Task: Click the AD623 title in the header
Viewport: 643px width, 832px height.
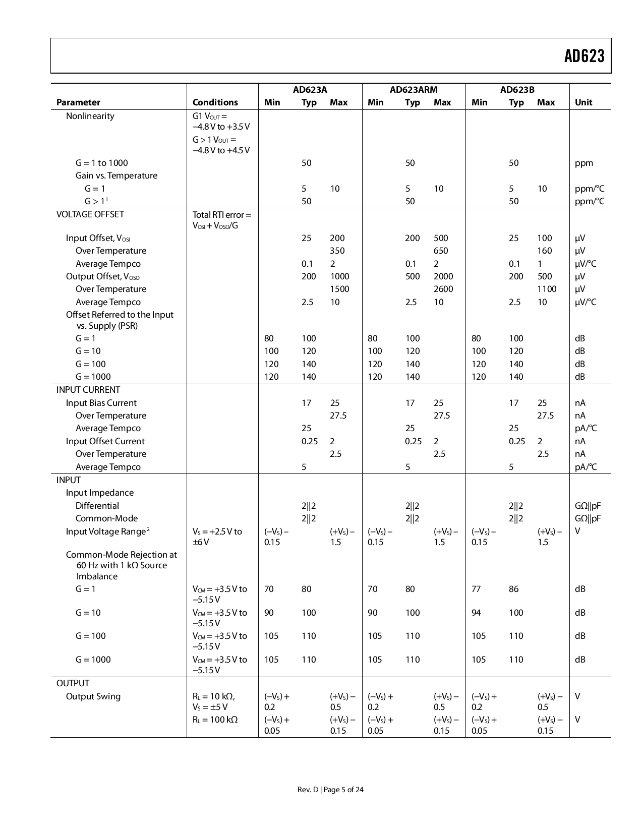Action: click(584, 56)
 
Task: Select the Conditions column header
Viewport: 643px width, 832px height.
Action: click(215, 102)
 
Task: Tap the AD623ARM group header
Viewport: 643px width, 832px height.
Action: click(413, 90)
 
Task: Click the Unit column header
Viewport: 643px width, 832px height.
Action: click(583, 102)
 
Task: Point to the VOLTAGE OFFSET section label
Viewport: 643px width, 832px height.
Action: click(90, 214)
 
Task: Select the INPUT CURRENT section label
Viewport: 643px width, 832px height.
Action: click(88, 390)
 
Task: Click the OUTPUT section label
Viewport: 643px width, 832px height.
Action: click(73, 683)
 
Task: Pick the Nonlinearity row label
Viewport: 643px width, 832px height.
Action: click(90, 116)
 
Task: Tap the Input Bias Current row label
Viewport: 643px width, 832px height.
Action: click(101, 403)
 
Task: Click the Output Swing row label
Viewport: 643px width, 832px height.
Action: click(93, 696)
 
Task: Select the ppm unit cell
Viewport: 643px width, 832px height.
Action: click(583, 163)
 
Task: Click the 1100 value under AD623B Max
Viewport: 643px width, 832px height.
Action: click(547, 289)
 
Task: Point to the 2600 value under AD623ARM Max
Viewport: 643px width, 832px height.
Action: click(443, 289)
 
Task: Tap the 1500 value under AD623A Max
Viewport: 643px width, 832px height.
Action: click(339, 289)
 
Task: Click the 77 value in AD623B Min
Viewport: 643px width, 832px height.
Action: click(476, 589)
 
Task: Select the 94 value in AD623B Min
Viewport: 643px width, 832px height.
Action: click(476, 613)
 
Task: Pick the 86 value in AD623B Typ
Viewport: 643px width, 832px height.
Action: click(513, 589)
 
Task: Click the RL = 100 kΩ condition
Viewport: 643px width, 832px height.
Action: click(215, 720)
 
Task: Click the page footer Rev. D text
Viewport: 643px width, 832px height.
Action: click(308, 790)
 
